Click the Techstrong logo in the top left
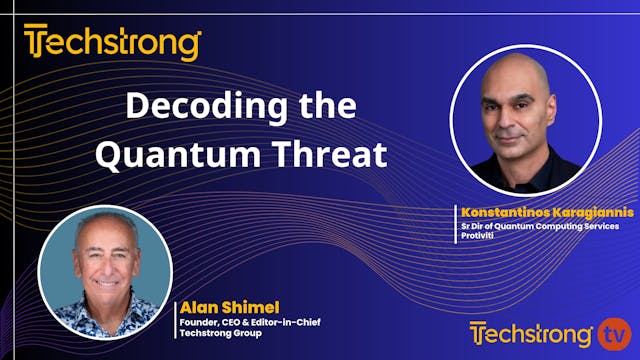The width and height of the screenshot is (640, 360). tap(112, 43)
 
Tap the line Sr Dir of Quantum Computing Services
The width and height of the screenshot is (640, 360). tap(539, 226)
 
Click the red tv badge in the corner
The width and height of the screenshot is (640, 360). tap(612, 331)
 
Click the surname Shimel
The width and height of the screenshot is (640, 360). tap(239, 306)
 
